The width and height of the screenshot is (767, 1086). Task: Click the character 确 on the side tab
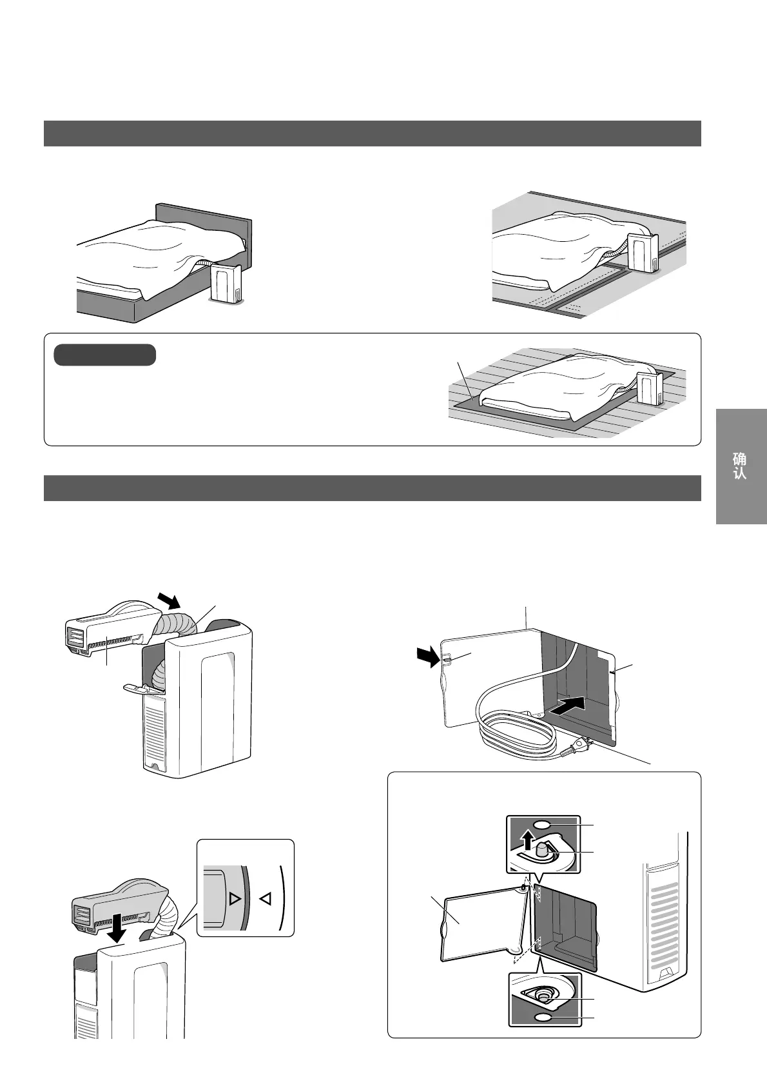(740, 459)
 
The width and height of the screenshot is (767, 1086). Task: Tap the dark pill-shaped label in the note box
(104, 355)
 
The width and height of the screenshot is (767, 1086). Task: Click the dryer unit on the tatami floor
(643, 253)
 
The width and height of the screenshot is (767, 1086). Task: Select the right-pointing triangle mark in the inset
(234, 898)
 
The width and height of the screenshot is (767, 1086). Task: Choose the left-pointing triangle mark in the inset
(265, 898)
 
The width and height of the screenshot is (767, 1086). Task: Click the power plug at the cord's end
(581, 746)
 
